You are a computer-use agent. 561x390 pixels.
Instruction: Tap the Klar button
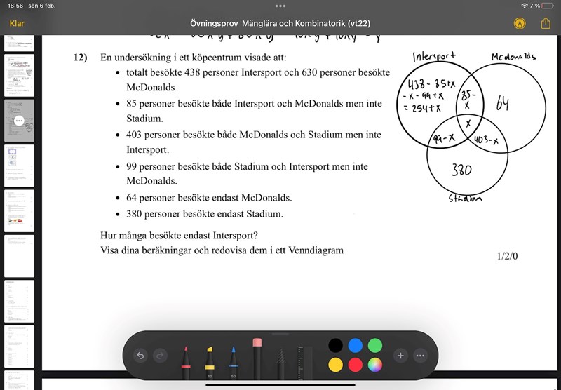[17, 23]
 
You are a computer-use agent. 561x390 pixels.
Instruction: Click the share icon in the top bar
[546, 23]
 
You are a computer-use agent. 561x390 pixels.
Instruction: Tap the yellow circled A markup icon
[520, 23]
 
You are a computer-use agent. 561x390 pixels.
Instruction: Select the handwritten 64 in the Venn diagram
[502, 104]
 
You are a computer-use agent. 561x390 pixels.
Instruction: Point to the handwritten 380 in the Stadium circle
[461, 170]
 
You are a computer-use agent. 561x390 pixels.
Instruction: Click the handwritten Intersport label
[435, 56]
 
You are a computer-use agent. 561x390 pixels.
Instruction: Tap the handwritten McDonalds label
[513, 56]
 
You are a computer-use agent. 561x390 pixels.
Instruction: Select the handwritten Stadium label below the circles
[466, 198]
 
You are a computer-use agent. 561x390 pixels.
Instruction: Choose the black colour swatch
[336, 345]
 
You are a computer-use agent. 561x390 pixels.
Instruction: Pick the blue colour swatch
[356, 345]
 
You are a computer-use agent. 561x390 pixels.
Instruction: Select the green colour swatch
[375, 345]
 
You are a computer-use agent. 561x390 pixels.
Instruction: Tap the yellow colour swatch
[336, 364]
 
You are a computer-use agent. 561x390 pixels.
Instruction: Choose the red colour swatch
[356, 364]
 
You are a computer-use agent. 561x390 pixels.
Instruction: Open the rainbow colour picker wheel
[375, 364]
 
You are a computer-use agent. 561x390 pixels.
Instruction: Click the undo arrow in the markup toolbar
[140, 356]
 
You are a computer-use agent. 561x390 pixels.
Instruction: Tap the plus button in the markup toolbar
[400, 356]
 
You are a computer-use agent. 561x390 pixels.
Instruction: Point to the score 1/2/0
[507, 255]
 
